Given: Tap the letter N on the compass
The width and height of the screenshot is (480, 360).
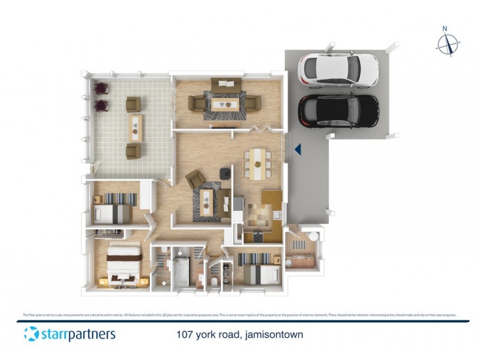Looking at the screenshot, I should point(445,28).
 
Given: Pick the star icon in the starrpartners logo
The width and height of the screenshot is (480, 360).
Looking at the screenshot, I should point(31,334).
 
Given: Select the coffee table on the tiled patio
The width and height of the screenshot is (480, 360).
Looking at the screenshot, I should point(136,125).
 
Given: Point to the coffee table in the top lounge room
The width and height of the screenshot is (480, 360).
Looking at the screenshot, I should point(226,104).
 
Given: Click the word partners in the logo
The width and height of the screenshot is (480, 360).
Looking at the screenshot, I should point(88,334).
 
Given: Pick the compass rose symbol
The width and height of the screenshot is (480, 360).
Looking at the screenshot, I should point(448,44).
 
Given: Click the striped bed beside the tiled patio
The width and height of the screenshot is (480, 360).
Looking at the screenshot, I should point(113,205).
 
